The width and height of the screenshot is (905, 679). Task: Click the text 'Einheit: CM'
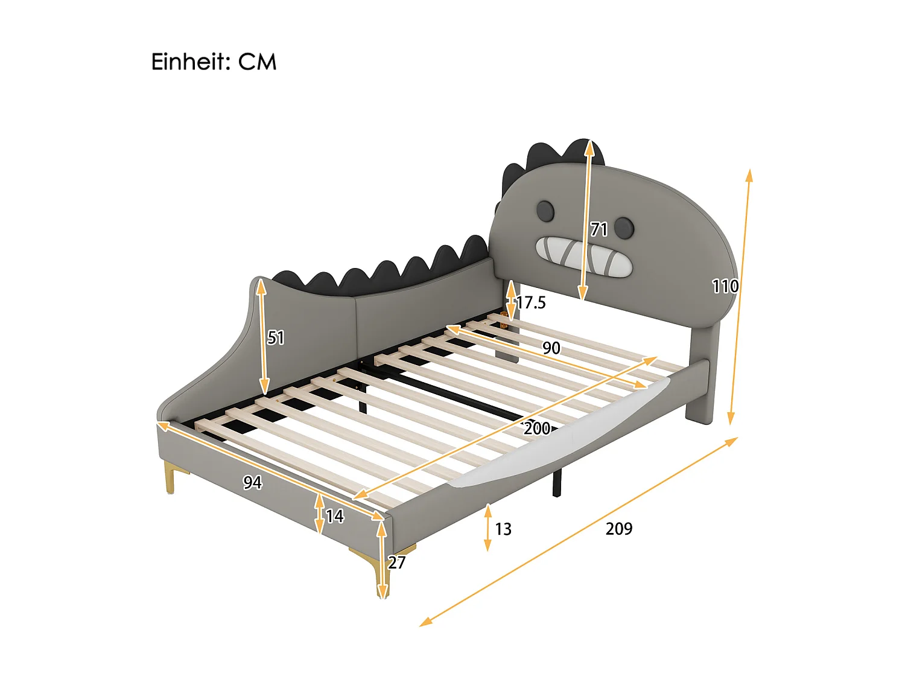[x=214, y=62]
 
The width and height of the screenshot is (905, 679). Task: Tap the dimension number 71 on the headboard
[x=599, y=229]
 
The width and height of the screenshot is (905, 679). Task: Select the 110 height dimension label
[x=725, y=286]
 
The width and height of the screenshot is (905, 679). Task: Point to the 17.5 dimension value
[x=531, y=302]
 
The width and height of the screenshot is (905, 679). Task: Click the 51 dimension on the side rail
[x=276, y=337]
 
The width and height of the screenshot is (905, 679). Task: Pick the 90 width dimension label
[x=551, y=348]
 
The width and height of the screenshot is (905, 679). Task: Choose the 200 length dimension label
[x=536, y=429]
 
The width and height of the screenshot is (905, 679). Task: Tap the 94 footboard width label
[x=252, y=482]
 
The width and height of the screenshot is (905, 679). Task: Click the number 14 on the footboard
[x=334, y=516]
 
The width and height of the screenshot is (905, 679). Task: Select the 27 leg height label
[x=396, y=563]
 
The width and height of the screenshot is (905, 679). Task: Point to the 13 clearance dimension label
[x=503, y=529]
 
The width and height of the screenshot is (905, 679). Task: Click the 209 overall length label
[x=619, y=529]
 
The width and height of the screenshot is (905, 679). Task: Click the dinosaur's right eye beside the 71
[x=624, y=228]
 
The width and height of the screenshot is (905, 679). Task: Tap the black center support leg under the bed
[x=557, y=483]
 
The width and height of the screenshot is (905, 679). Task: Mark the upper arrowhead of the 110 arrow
[x=749, y=174]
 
